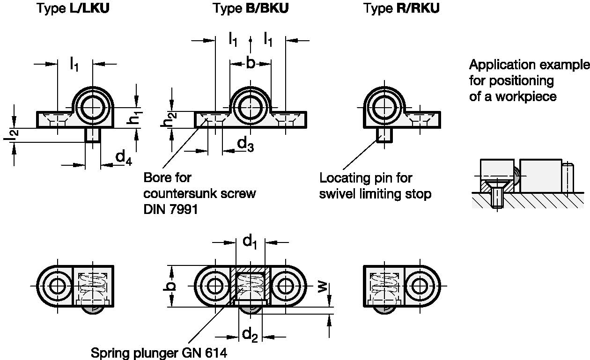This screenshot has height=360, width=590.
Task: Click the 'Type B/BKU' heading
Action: pyautogui.click(x=251, y=9)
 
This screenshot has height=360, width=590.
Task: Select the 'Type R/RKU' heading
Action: pyautogui.click(x=402, y=9)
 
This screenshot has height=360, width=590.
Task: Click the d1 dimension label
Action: pyautogui.click(x=251, y=242)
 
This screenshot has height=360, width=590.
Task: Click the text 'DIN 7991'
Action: pyautogui.click(x=170, y=209)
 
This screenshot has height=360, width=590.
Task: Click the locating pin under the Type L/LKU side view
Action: pyautogui.click(x=93, y=135)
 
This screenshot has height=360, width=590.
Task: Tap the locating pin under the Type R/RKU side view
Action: pyautogui.click(x=384, y=135)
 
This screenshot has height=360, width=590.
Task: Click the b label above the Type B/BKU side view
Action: pyautogui.click(x=251, y=63)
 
